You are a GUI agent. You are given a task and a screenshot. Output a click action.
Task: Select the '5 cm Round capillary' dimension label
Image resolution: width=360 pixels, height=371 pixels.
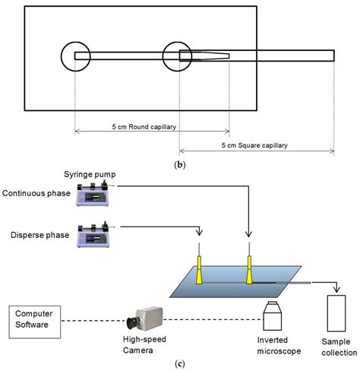point(152,126)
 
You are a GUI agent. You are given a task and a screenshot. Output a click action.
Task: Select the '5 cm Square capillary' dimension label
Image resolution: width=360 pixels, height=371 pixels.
point(257,144)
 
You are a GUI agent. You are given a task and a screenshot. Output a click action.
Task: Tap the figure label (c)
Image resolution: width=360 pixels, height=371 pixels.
point(180,363)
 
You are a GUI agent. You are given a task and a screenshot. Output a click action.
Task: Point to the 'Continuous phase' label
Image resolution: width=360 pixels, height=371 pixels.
point(36,193)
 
